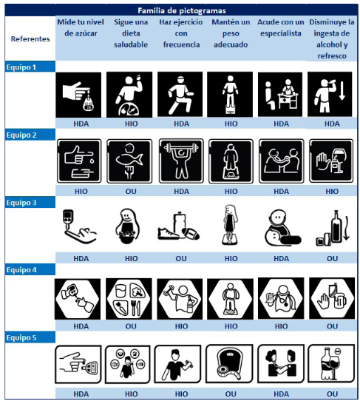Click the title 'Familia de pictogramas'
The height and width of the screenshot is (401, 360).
pyautogui.click(x=182, y=11)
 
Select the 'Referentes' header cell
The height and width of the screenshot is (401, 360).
pyautogui.click(x=30, y=39)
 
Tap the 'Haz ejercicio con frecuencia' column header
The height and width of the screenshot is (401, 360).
pyautogui.click(x=181, y=33)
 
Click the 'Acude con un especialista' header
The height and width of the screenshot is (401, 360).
pyautogui.click(x=281, y=27)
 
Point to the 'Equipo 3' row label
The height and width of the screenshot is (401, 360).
pyautogui.click(x=21, y=203)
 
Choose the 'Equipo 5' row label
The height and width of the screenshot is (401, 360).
pyautogui.click(x=21, y=337)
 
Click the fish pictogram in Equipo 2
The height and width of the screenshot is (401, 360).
pyautogui.click(x=129, y=161)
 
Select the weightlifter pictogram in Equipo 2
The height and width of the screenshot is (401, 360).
pyautogui.click(x=181, y=161)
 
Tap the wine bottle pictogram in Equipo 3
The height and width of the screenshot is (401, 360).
pyautogui.click(x=332, y=228)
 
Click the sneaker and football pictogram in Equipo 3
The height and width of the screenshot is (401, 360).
pyautogui.click(x=179, y=226)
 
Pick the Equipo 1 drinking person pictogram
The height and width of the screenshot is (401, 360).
pyautogui.click(x=330, y=95)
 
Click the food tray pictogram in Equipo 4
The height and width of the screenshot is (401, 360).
pyautogui.click(x=129, y=299)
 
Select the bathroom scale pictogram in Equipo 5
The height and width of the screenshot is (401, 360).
pyautogui.click(x=229, y=363)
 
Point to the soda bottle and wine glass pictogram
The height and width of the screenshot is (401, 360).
pyautogui.click(x=331, y=363)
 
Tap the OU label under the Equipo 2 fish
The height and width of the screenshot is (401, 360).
pyautogui.click(x=131, y=192)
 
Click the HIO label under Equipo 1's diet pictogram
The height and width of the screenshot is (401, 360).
pyautogui.click(x=132, y=124)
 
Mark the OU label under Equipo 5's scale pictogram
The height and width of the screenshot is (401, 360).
pyautogui.click(x=231, y=394)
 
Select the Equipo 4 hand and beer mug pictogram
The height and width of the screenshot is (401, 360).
pyautogui.click(x=332, y=298)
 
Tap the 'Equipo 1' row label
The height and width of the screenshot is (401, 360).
pyautogui.click(x=21, y=67)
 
